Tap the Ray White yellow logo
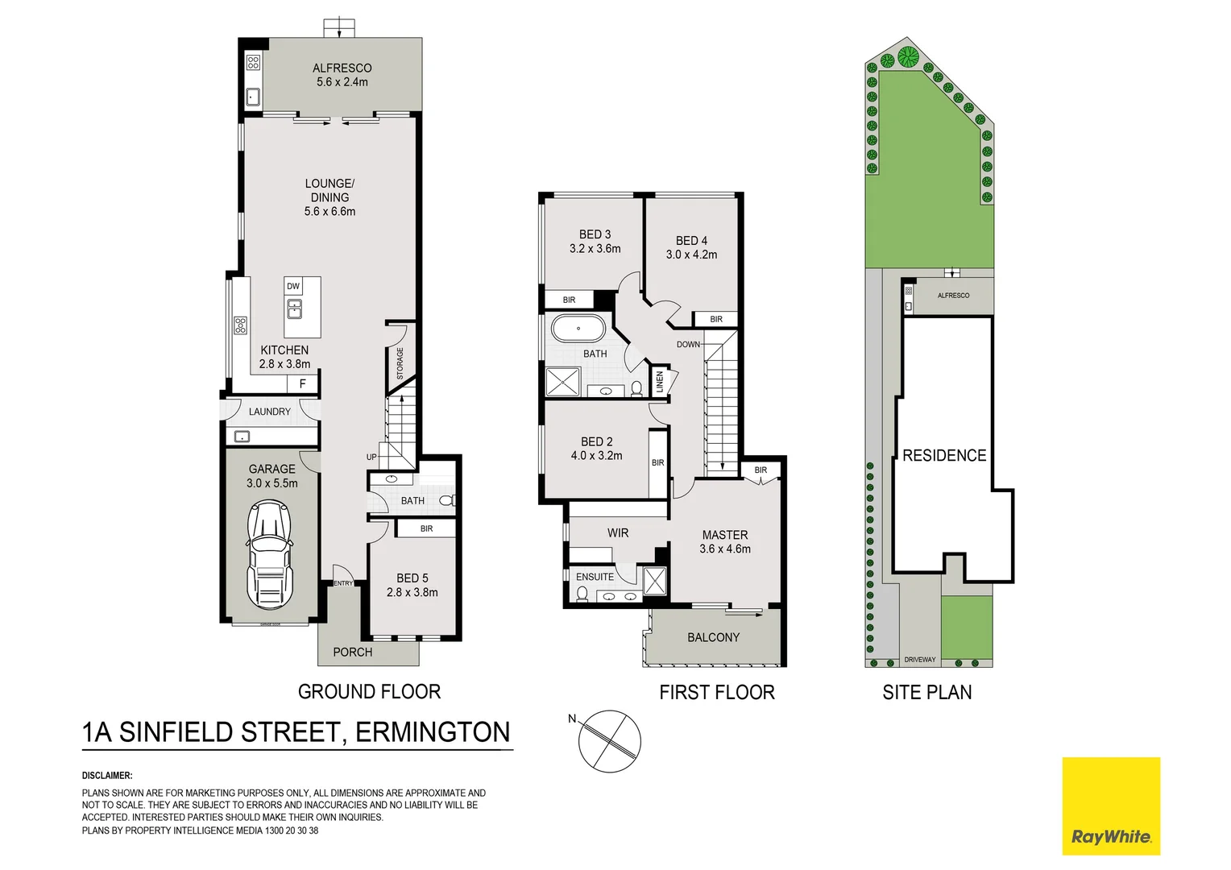pos(1110,806)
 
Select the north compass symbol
pos(610,741)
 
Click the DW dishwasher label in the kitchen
pos(293,286)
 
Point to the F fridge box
pos(303,384)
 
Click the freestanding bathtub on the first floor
pos(578,329)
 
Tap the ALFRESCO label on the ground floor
pos(342,68)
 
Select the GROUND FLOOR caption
pos(369,692)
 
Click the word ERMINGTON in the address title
pos(433,732)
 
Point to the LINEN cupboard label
pos(660,381)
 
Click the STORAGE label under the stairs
pos(400,363)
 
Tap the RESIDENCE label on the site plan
pos(944,456)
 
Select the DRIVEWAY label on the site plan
pos(920,660)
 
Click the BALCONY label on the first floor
pos(713,637)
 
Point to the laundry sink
pos(242,437)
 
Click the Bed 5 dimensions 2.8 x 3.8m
pos(412,592)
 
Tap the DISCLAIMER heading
pos(107,776)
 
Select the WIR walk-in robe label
pos(618,533)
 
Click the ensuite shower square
pos(655,581)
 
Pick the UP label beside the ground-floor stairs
pos(371,457)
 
